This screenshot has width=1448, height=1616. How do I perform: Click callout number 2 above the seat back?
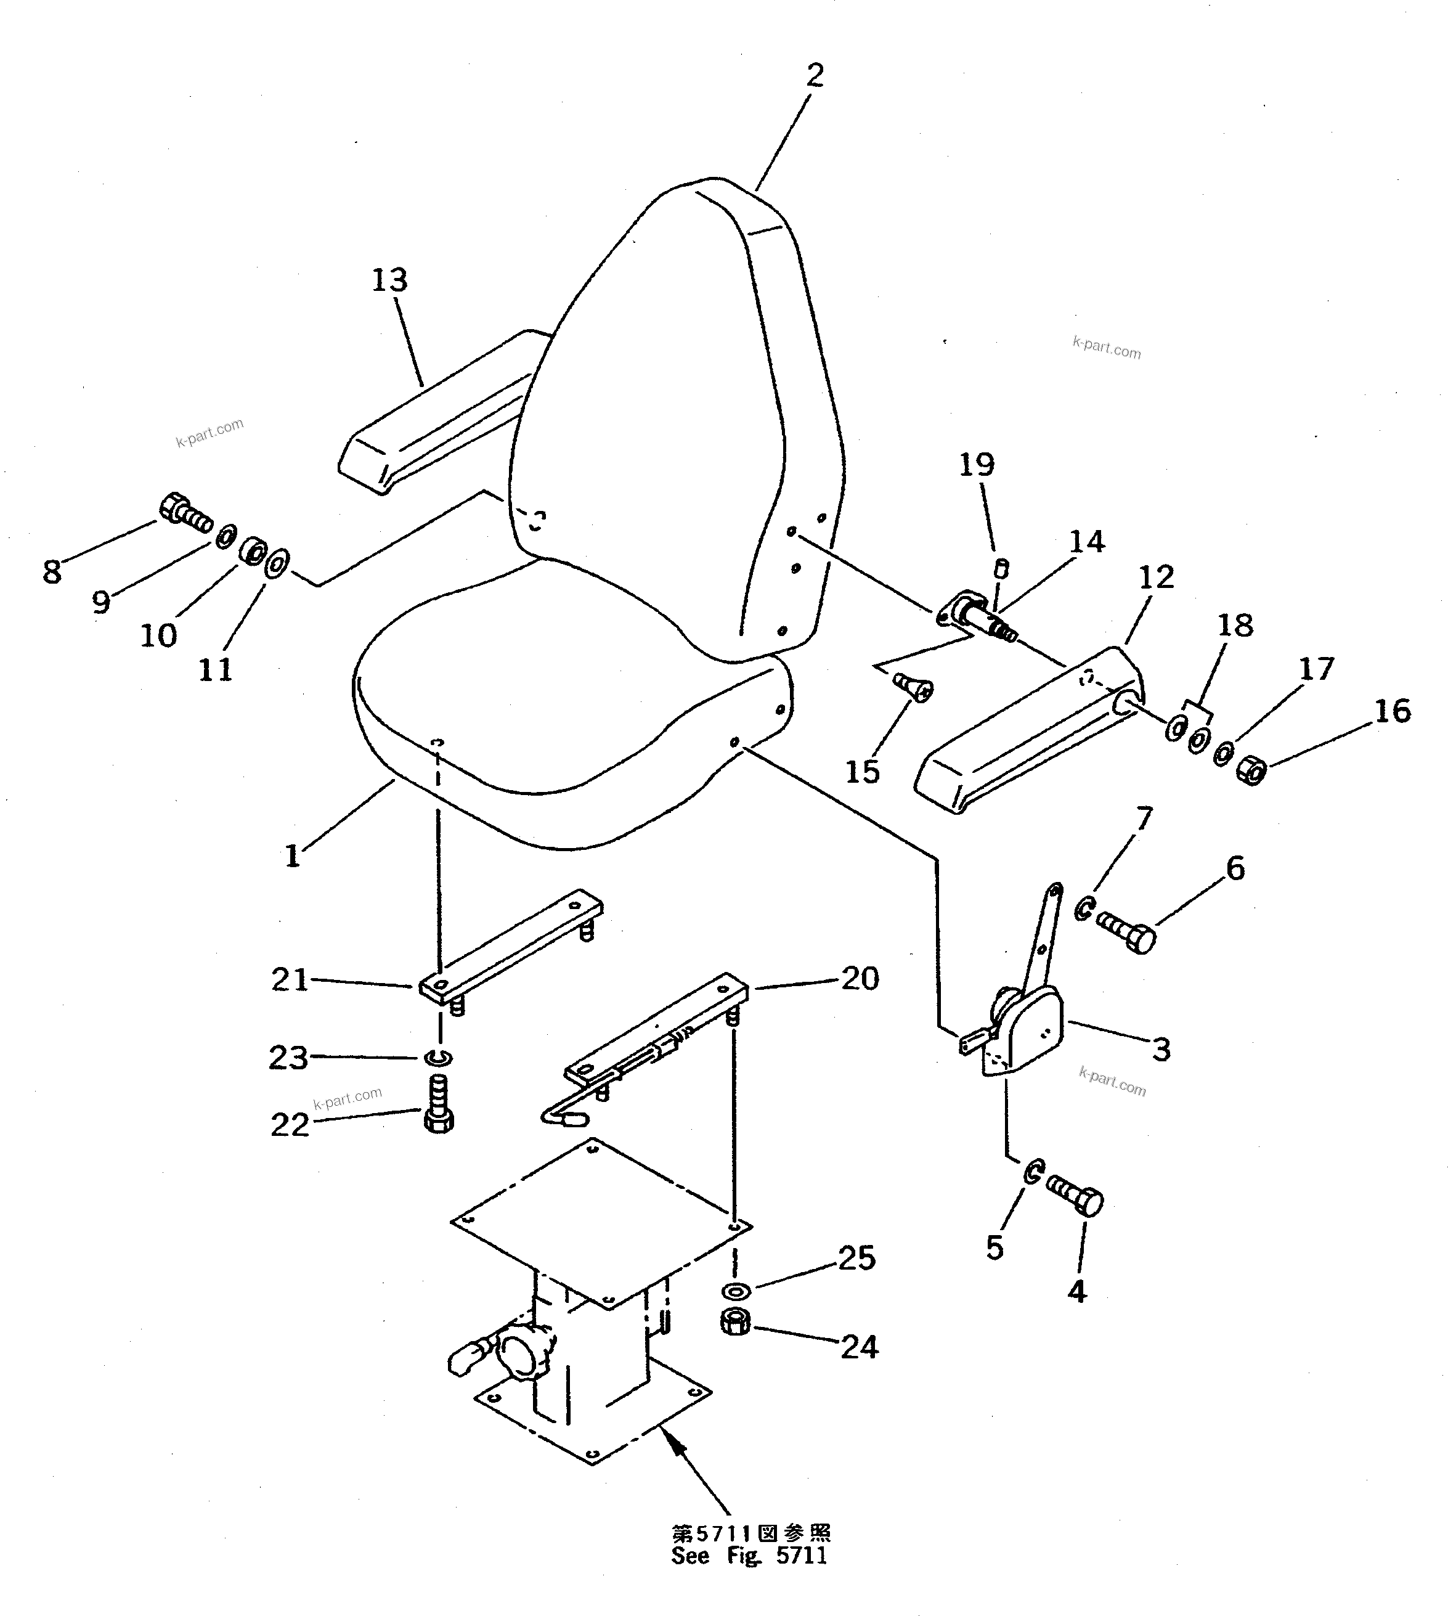pos(814,76)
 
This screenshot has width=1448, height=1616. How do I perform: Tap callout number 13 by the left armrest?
pos(390,280)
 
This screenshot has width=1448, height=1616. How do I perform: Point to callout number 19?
pos(976,465)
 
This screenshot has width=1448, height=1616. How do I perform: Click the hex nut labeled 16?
pos(1251,770)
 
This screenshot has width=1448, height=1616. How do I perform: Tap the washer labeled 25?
pos(736,1290)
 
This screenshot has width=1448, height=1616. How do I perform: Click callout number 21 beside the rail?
pos(290,979)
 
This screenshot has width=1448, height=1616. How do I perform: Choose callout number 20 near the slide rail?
pos(860,979)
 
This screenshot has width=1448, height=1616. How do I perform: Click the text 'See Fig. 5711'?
pos(749,1556)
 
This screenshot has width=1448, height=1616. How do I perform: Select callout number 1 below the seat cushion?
pos(293,856)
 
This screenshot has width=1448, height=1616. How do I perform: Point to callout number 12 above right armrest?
pos(1155,577)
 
